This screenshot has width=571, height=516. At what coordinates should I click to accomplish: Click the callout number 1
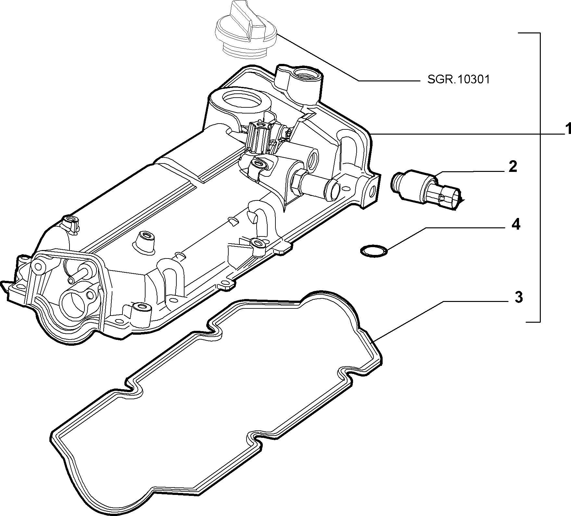(566, 129)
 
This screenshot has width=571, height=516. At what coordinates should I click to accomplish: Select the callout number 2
(512, 167)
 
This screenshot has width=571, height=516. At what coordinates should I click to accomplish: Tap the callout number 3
(519, 297)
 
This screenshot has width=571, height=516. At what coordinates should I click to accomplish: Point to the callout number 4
(515, 224)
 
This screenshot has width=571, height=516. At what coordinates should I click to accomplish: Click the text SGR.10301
(458, 80)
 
